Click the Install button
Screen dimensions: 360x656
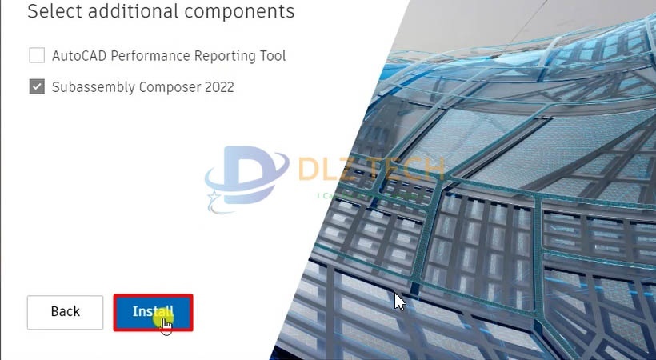(x=153, y=312)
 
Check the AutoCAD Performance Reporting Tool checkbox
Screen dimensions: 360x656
(x=37, y=55)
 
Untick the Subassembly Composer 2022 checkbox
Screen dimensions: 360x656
(x=37, y=86)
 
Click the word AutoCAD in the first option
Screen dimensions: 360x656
(x=79, y=56)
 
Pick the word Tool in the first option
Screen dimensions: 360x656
(x=272, y=56)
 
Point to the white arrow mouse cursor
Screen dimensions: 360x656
(x=399, y=301)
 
